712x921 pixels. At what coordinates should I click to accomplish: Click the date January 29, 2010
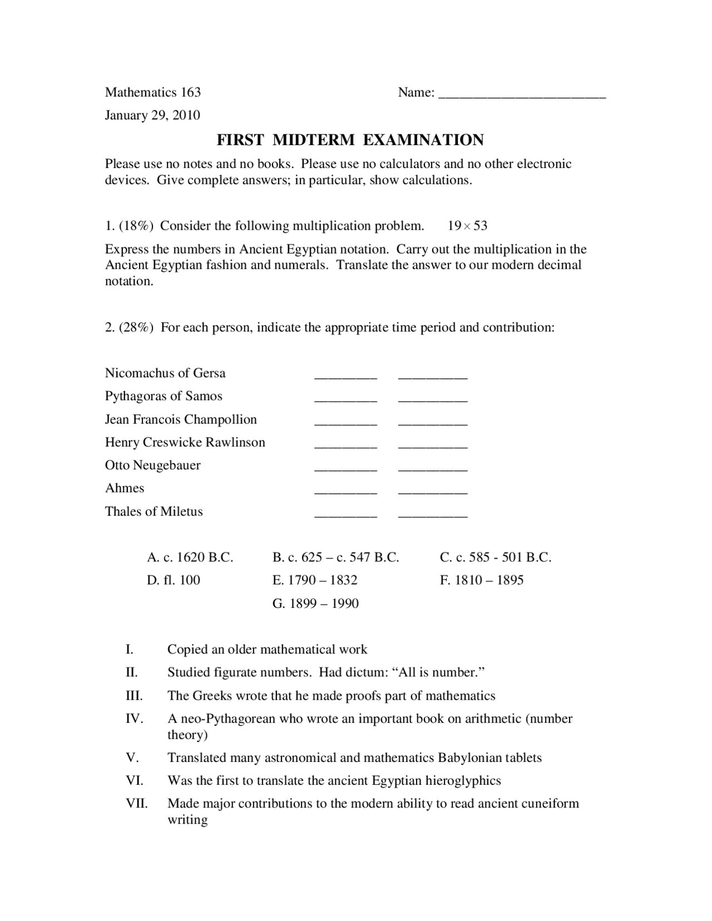click(152, 115)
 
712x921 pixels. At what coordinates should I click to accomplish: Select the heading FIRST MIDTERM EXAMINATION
click(350, 140)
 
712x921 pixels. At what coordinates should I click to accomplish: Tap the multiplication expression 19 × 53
click(467, 226)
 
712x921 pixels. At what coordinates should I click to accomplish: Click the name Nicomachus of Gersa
click(165, 373)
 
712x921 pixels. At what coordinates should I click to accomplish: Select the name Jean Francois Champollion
click(181, 419)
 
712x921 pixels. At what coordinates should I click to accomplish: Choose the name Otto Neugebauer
click(153, 465)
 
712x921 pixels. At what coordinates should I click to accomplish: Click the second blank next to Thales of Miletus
click(433, 515)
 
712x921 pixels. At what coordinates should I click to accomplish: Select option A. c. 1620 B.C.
click(190, 557)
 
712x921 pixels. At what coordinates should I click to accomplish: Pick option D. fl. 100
click(174, 580)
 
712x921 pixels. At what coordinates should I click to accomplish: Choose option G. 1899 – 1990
click(315, 603)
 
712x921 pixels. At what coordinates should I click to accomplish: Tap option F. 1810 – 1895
click(482, 580)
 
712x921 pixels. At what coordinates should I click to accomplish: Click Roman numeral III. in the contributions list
click(134, 696)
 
